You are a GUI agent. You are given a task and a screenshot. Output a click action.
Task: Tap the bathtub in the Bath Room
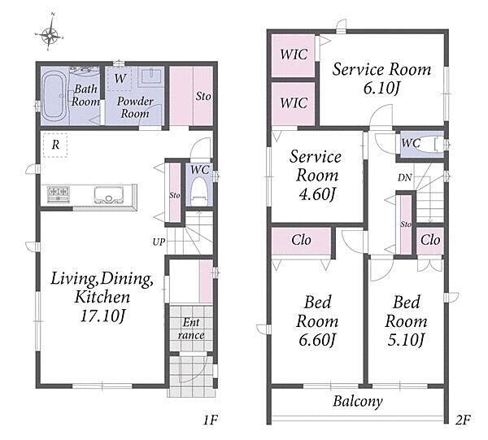click(54, 96)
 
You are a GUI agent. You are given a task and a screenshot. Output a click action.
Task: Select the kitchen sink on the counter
click(109, 195)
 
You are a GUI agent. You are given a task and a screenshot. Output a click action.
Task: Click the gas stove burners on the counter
click(58, 194)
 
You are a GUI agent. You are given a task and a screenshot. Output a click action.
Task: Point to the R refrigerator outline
click(55, 145)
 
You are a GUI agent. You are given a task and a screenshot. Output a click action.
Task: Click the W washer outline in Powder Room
click(120, 79)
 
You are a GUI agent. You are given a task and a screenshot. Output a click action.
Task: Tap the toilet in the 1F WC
click(199, 191)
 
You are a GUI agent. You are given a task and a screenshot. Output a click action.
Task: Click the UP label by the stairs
click(159, 242)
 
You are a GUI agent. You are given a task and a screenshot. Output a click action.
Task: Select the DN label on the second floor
click(404, 177)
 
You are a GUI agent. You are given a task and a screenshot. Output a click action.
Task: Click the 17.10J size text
click(102, 316)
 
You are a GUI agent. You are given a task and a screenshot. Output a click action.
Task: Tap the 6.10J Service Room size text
click(381, 89)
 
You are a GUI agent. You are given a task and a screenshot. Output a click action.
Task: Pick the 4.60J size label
click(317, 194)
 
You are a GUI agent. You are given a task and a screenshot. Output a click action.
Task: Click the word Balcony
click(358, 401)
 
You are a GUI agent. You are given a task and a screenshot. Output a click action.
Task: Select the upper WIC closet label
click(294, 54)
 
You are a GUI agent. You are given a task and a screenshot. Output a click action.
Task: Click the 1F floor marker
click(210, 420)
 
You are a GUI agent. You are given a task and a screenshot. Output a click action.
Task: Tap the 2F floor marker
click(463, 420)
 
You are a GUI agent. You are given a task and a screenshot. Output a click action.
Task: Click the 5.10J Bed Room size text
click(406, 340)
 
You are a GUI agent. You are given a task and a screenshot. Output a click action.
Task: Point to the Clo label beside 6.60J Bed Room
click(301, 240)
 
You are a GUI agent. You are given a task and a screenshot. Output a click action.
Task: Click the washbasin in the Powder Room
click(151, 76)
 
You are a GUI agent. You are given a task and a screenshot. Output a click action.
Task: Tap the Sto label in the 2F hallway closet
click(406, 224)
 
